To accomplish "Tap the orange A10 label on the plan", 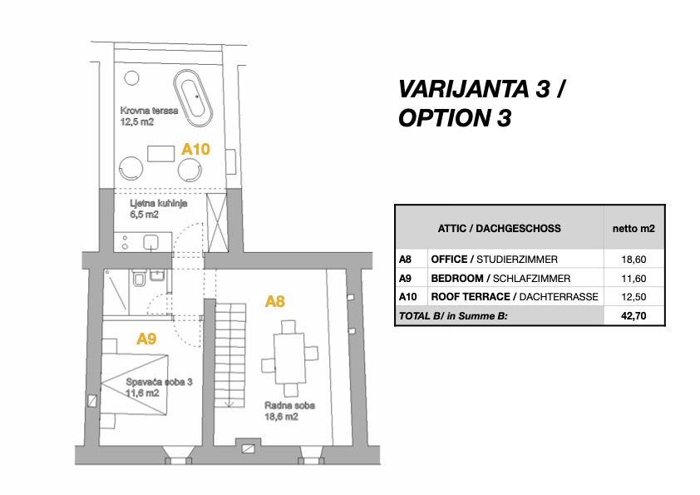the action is click(195, 149).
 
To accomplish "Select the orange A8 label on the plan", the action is click(274, 301).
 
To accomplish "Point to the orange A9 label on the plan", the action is click(146, 339).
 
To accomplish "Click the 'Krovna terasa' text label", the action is click(149, 111).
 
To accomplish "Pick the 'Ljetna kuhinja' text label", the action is click(159, 203).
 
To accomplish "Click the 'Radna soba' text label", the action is click(290, 406).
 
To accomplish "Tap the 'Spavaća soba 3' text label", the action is click(159, 382).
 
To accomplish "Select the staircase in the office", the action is click(230, 355).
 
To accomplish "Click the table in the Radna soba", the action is click(289, 359).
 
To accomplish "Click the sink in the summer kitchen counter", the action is click(151, 243).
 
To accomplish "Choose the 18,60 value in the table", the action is click(633, 259).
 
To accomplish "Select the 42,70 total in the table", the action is click(633, 316).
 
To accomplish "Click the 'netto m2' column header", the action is click(633, 228).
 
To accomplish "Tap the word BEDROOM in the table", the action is click(457, 279).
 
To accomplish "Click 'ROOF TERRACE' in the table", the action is click(471, 297).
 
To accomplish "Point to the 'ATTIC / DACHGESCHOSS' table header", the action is click(499, 228).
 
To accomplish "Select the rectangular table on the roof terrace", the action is click(160, 153).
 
